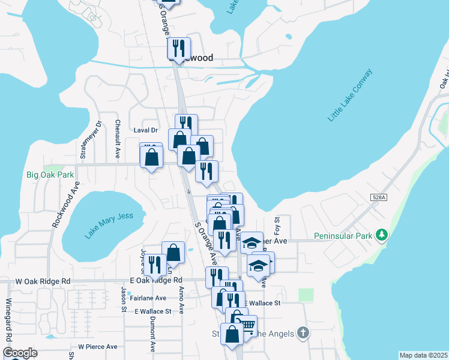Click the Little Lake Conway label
(x=351, y=95)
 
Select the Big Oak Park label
(x=50, y=175)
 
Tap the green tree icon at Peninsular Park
(x=381, y=233)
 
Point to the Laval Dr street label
(x=145, y=130)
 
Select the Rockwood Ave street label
(x=65, y=204)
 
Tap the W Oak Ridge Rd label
(x=43, y=281)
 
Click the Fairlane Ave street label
(x=148, y=298)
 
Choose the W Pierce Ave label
(x=97, y=347)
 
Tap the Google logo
(x=20, y=352)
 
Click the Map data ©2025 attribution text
(x=423, y=355)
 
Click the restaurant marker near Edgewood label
(x=179, y=47)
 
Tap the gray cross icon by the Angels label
(x=303, y=332)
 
